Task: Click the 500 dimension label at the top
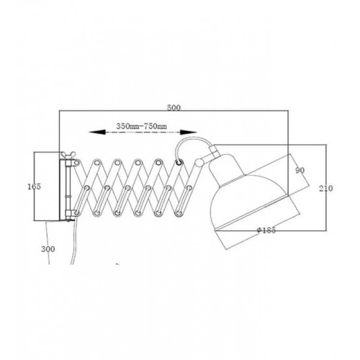(x=174, y=108)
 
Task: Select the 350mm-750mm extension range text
(x=142, y=126)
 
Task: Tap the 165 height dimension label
(x=35, y=186)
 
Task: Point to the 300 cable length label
(x=48, y=249)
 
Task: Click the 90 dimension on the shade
(x=300, y=171)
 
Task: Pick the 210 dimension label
(x=326, y=189)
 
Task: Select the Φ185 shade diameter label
(x=266, y=230)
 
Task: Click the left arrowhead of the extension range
(x=97, y=132)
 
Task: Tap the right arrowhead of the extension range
(x=189, y=132)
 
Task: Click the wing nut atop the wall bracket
(x=67, y=155)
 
